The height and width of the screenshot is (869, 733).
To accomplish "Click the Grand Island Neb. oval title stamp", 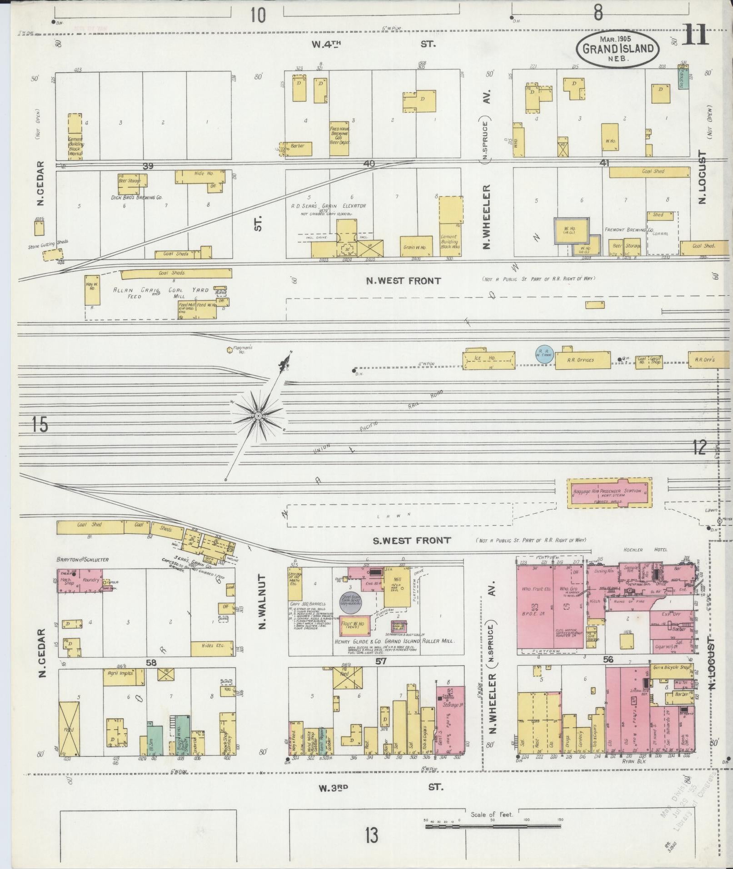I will click(x=618, y=49).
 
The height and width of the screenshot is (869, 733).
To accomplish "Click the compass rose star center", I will click(x=258, y=416).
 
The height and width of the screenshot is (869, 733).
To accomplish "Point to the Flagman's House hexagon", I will click(x=229, y=350).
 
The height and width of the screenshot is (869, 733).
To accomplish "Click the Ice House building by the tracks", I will click(x=489, y=359).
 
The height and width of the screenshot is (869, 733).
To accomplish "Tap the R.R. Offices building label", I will click(x=581, y=360).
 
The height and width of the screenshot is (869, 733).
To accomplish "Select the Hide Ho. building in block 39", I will click(x=200, y=177).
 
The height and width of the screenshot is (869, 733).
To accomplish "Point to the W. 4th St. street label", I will click(x=373, y=44).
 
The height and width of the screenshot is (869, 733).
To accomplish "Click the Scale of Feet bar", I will click(x=493, y=826).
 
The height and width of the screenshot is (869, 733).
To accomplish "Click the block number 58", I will click(x=151, y=663).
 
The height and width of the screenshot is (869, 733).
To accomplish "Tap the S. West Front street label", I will click(x=411, y=540).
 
